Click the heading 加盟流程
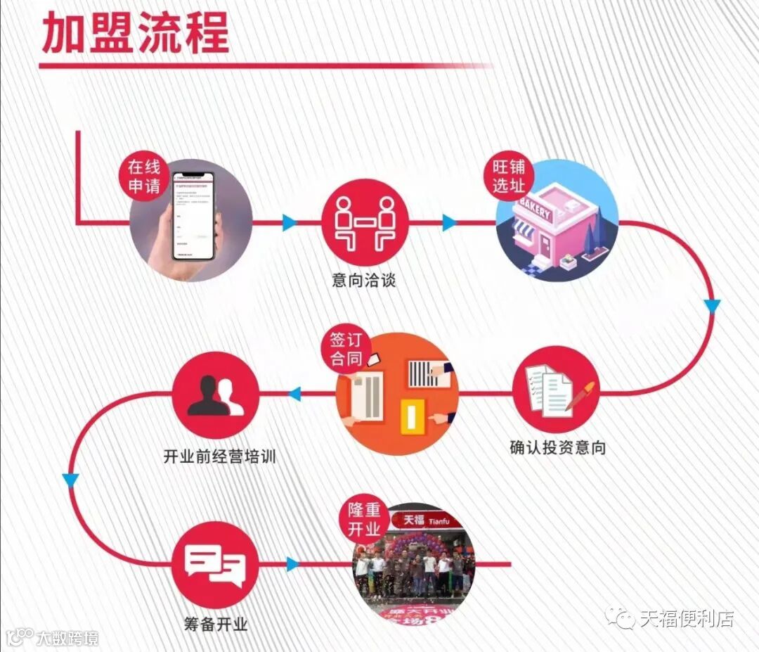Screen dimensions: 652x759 [136, 33]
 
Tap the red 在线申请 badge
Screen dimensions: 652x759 [144, 177]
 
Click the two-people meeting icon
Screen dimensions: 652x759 [364, 224]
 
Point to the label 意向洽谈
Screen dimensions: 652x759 [364, 280]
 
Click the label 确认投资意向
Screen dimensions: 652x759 [557, 447]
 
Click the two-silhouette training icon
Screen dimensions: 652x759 [216, 396]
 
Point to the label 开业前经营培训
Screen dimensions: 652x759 [219, 456]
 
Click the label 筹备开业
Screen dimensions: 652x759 [215, 623]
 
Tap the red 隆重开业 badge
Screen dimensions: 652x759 [364, 520]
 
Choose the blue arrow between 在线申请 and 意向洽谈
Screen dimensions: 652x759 [289, 224]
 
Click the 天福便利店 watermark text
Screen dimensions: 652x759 [686, 619]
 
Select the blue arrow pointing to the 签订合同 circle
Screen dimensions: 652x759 [294, 394]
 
